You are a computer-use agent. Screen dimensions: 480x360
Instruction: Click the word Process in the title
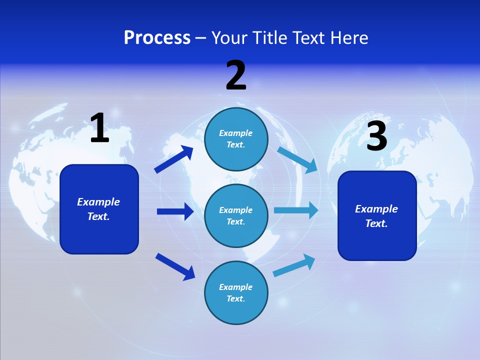click(157, 38)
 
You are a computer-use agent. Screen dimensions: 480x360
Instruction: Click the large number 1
click(100, 127)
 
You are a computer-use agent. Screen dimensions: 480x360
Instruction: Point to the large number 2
click(236, 75)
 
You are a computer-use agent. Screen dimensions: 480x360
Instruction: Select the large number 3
click(377, 135)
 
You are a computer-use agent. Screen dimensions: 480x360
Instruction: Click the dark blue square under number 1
click(99, 209)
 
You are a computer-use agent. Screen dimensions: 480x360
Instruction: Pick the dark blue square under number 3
click(377, 216)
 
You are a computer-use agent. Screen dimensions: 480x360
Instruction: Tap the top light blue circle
click(236, 139)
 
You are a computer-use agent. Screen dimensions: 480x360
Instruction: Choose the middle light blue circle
click(236, 216)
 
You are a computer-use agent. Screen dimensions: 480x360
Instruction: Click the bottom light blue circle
click(236, 292)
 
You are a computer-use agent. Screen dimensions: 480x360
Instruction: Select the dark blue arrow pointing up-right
click(174, 159)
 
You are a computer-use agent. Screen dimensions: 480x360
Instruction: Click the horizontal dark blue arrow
click(175, 211)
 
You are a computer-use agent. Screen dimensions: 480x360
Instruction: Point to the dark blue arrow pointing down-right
click(175, 266)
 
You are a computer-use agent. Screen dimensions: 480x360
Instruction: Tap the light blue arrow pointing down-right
click(297, 160)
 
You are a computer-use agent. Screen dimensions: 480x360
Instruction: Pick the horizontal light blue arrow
click(296, 210)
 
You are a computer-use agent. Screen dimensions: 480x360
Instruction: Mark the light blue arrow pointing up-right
click(294, 265)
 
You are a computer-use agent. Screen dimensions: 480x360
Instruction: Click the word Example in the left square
click(98, 202)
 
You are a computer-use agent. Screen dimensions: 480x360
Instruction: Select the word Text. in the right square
click(376, 223)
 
